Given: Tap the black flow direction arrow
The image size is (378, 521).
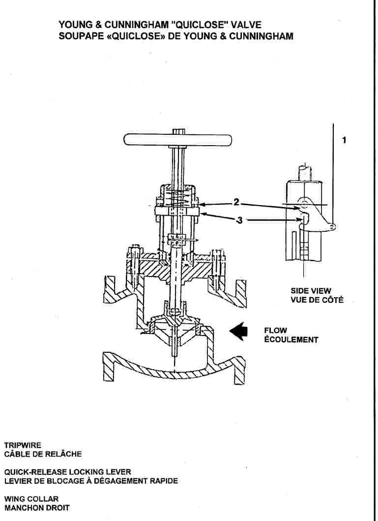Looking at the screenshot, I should pyautogui.click(x=240, y=332).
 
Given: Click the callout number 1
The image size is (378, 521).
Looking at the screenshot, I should pyautogui.click(x=344, y=140).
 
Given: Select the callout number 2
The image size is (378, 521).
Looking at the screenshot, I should pyautogui.click(x=236, y=202).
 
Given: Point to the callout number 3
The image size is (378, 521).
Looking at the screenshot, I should pyautogui.click(x=239, y=220).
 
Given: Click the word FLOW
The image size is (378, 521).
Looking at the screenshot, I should pyautogui.click(x=275, y=331).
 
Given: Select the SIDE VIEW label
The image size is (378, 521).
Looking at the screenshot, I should pyautogui.click(x=311, y=291).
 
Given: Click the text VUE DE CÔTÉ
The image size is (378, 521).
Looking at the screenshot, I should pyautogui.click(x=317, y=300).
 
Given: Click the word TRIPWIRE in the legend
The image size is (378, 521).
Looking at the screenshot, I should pyautogui.click(x=20, y=445).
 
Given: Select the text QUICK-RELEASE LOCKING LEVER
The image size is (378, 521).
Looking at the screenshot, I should pyautogui.click(x=67, y=472).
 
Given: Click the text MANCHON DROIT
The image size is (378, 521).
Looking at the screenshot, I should pyautogui.click(x=37, y=507).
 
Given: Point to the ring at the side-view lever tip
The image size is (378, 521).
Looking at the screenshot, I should pyautogui.click(x=333, y=226).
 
